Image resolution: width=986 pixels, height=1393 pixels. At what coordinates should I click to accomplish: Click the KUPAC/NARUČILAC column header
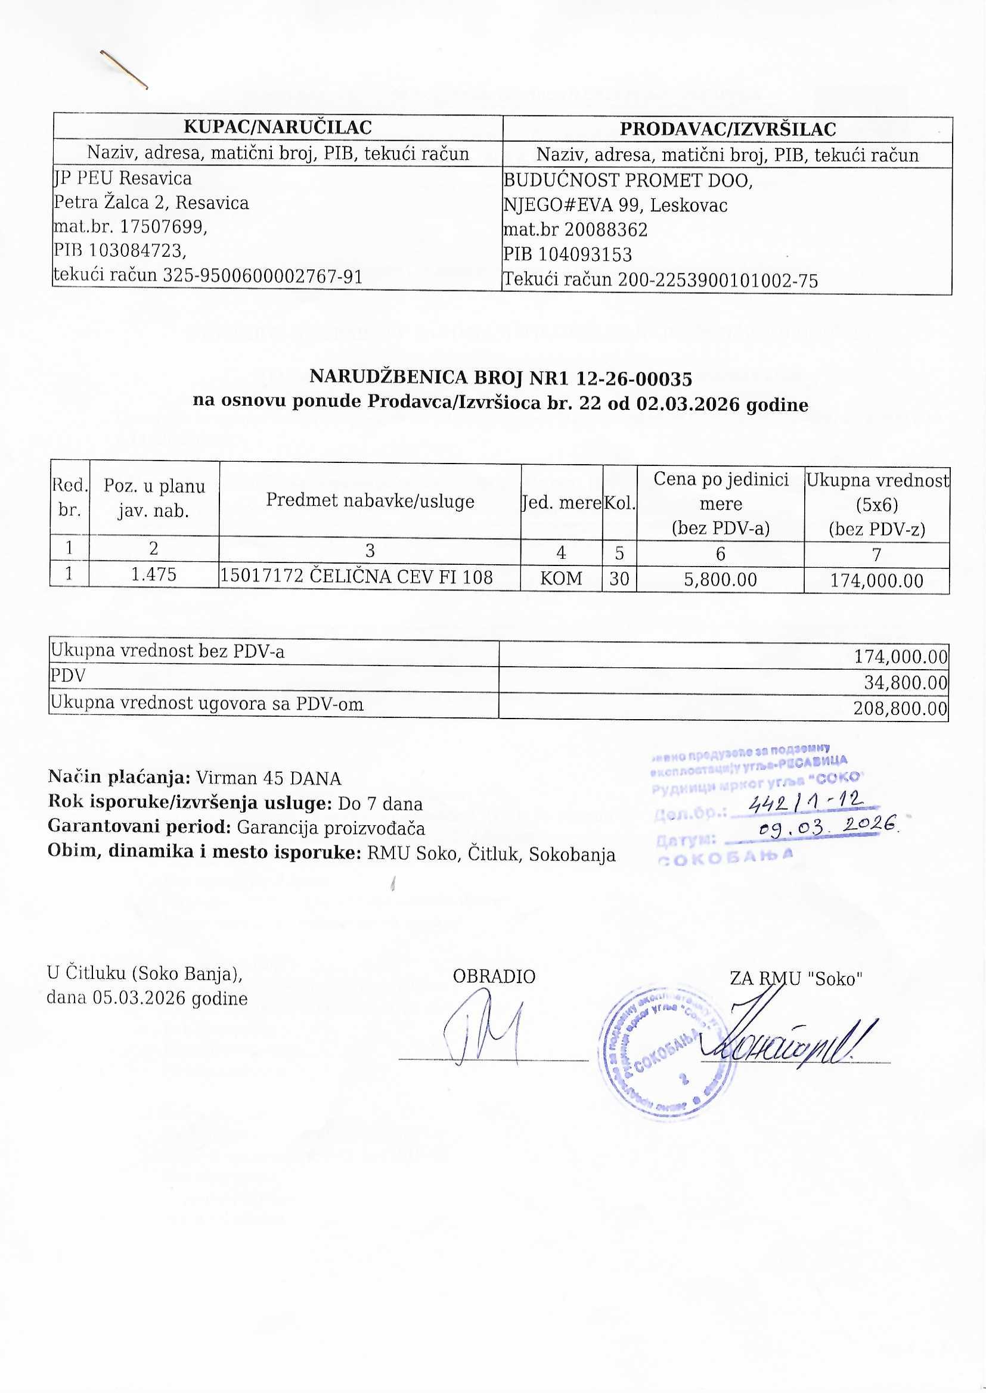pyautogui.click(x=277, y=127)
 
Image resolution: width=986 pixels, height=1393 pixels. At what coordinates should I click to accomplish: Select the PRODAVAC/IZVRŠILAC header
pyautogui.click(x=727, y=129)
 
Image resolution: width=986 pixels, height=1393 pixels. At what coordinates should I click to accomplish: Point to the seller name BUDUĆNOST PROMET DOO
pyautogui.click(x=628, y=180)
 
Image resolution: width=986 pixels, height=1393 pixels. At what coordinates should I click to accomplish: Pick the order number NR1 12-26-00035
pyautogui.click(x=611, y=378)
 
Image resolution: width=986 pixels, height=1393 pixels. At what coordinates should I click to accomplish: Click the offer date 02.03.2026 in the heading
pyautogui.click(x=688, y=404)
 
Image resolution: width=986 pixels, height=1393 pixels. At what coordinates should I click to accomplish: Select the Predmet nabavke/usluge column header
pyautogui.click(x=370, y=500)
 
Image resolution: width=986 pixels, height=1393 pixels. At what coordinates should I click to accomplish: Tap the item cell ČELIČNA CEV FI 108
pyautogui.click(x=401, y=576)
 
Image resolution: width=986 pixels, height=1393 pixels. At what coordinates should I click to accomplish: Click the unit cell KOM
pyautogui.click(x=561, y=578)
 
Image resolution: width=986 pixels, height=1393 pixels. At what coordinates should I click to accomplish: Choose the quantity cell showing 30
pyautogui.click(x=619, y=578)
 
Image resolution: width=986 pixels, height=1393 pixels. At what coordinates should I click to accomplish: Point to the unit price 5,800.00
pyautogui.click(x=721, y=579)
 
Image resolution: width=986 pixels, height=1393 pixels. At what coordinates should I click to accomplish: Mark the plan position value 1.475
pyautogui.click(x=154, y=574)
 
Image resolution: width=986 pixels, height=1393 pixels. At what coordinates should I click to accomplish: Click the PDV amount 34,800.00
pyautogui.click(x=906, y=683)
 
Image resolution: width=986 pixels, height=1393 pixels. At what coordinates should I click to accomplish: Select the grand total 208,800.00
pyautogui.click(x=900, y=708)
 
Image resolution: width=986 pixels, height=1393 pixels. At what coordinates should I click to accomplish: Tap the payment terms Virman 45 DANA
pyautogui.click(x=268, y=778)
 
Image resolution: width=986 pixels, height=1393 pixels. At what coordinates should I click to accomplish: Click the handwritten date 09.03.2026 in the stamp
pyautogui.click(x=828, y=826)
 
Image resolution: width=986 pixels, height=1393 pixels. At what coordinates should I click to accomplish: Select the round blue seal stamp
pyautogui.click(x=665, y=1053)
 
